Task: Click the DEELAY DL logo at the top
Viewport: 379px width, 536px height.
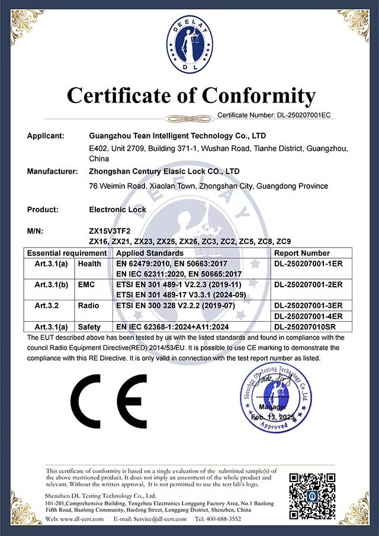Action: [189, 46]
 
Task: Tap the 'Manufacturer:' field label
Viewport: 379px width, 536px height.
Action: [52, 172]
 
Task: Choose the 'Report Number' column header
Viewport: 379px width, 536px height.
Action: [302, 253]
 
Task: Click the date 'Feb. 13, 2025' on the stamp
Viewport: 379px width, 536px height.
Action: [272, 418]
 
